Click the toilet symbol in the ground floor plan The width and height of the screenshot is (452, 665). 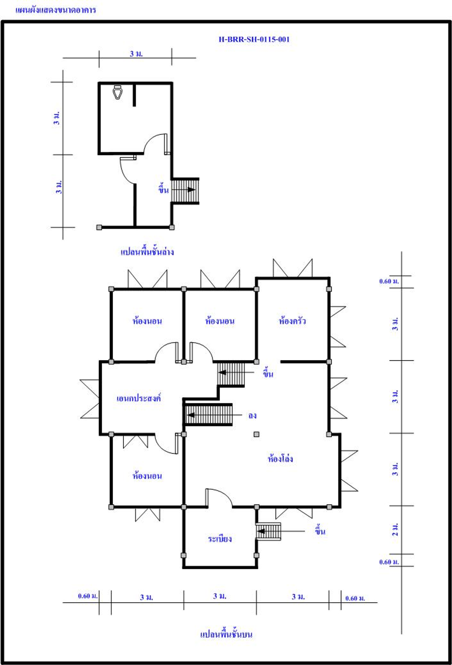(118, 92)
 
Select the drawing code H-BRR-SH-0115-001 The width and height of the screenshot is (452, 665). (254, 39)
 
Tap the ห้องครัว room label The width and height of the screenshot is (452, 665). (292, 320)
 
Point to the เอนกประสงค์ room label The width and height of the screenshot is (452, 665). (139, 398)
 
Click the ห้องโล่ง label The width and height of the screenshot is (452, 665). (280, 458)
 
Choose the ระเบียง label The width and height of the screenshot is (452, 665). (220, 539)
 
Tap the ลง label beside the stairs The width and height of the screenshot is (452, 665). (252, 416)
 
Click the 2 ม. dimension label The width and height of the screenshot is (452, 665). (395, 529)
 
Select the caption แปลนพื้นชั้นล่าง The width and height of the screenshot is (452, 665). (147, 252)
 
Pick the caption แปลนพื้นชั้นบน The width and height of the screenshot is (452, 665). (226, 634)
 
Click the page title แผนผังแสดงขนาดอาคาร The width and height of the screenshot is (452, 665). (55, 10)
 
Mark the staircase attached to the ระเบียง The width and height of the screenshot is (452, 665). (268, 531)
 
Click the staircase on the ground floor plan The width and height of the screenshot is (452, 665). (185, 191)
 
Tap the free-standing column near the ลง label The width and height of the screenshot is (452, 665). (256, 434)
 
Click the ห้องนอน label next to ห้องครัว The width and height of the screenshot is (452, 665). (220, 320)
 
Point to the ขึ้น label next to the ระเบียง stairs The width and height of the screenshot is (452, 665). (320, 530)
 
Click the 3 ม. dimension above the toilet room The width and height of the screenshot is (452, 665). (136, 54)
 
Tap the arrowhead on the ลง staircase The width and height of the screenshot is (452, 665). (190, 415)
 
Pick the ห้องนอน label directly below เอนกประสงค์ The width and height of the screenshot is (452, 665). (147, 476)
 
